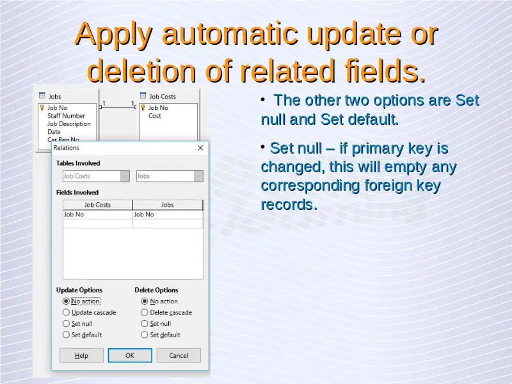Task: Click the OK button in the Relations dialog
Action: pyautogui.click(x=130, y=355)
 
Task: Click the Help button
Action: pyautogui.click(x=81, y=355)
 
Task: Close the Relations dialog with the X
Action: pyautogui.click(x=200, y=148)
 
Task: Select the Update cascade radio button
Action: pyautogui.click(x=66, y=312)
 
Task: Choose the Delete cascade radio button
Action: pyautogui.click(x=145, y=312)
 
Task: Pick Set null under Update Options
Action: pyautogui.click(x=66, y=324)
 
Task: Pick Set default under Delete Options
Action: pyautogui.click(x=145, y=335)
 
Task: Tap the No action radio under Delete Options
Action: pyautogui.click(x=145, y=301)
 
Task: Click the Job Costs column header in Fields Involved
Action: pyautogui.click(x=98, y=205)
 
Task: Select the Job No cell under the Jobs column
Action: pyautogui.click(x=168, y=214)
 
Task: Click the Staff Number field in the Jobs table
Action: pyautogui.click(x=67, y=116)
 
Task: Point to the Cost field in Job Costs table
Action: pyautogui.click(x=155, y=116)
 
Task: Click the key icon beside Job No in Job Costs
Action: pyautogui.click(x=143, y=108)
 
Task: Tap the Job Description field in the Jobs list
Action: pyautogui.click(x=69, y=124)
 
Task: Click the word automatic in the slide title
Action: pyautogui.click(x=230, y=34)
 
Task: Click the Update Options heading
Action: pyautogui.click(x=79, y=290)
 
